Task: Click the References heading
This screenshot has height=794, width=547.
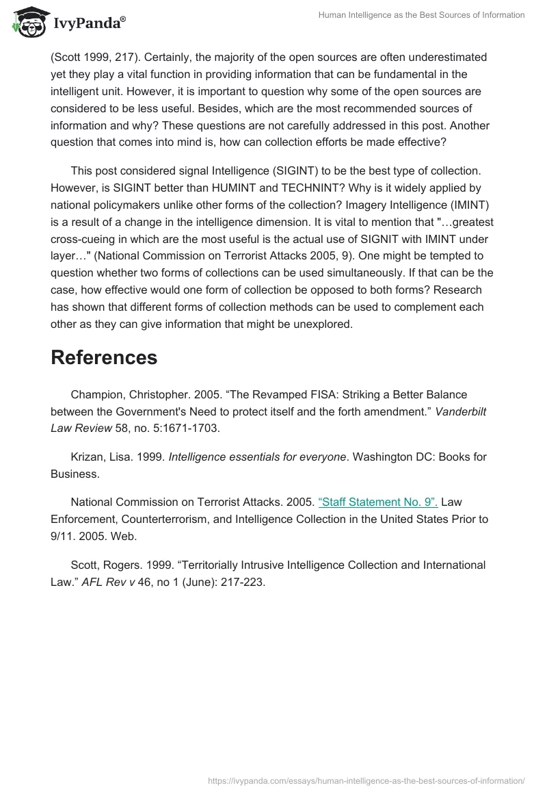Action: [104, 357]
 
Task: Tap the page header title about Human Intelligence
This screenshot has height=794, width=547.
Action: [422, 15]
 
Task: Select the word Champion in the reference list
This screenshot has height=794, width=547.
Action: [98, 394]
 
